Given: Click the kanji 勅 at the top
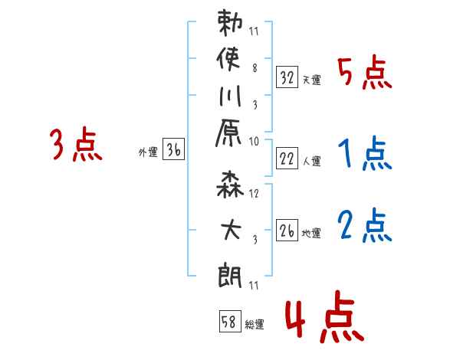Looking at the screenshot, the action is pyautogui.click(x=230, y=22).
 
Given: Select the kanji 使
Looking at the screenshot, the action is pyautogui.click(x=228, y=59).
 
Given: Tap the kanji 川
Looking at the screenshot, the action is pyautogui.click(x=230, y=96).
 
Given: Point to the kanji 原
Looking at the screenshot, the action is pyautogui.click(x=228, y=133).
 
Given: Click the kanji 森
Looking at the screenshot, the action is pyautogui.click(x=230, y=185).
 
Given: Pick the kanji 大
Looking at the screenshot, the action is pyautogui.click(x=231, y=230).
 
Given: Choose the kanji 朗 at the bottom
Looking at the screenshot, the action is pyautogui.click(x=230, y=275).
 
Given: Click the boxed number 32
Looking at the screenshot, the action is pyautogui.click(x=287, y=77).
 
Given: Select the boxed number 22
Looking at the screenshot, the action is pyautogui.click(x=287, y=159).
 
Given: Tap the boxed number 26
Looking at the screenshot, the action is pyautogui.click(x=287, y=231).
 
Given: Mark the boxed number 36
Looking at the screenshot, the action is pyautogui.click(x=174, y=149).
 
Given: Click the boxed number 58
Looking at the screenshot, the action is pyautogui.click(x=230, y=321).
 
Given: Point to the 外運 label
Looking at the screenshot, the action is pyautogui.click(x=148, y=152).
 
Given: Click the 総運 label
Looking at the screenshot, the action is pyautogui.click(x=255, y=325).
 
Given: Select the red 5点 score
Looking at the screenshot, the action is pyautogui.click(x=365, y=73).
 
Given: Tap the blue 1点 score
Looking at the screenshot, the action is pyautogui.click(x=365, y=153).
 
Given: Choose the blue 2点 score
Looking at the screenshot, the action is pyautogui.click(x=365, y=225).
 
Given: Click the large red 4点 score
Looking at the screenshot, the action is pyautogui.click(x=324, y=316).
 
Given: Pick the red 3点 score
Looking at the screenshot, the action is pyautogui.click(x=76, y=144).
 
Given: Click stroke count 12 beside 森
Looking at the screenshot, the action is pyautogui.click(x=254, y=194).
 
